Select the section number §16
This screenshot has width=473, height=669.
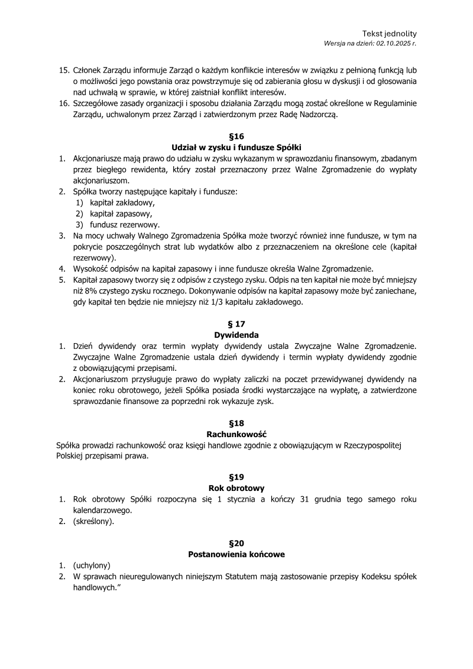coord(236,135)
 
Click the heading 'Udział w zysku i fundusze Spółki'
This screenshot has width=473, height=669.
coord(236,147)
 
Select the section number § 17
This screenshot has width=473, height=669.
coord(236,324)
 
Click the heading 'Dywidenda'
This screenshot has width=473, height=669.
coord(236,335)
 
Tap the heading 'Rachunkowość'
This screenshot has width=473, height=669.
coord(236,434)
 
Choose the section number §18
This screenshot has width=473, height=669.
coord(236,423)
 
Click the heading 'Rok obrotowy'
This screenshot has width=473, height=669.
coord(236,488)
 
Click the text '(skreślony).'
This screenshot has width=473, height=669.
coord(94,522)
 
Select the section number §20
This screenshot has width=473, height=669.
coord(236,543)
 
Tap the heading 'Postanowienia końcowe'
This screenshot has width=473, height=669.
coord(236,554)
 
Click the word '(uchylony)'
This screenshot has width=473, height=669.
coord(92,565)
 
